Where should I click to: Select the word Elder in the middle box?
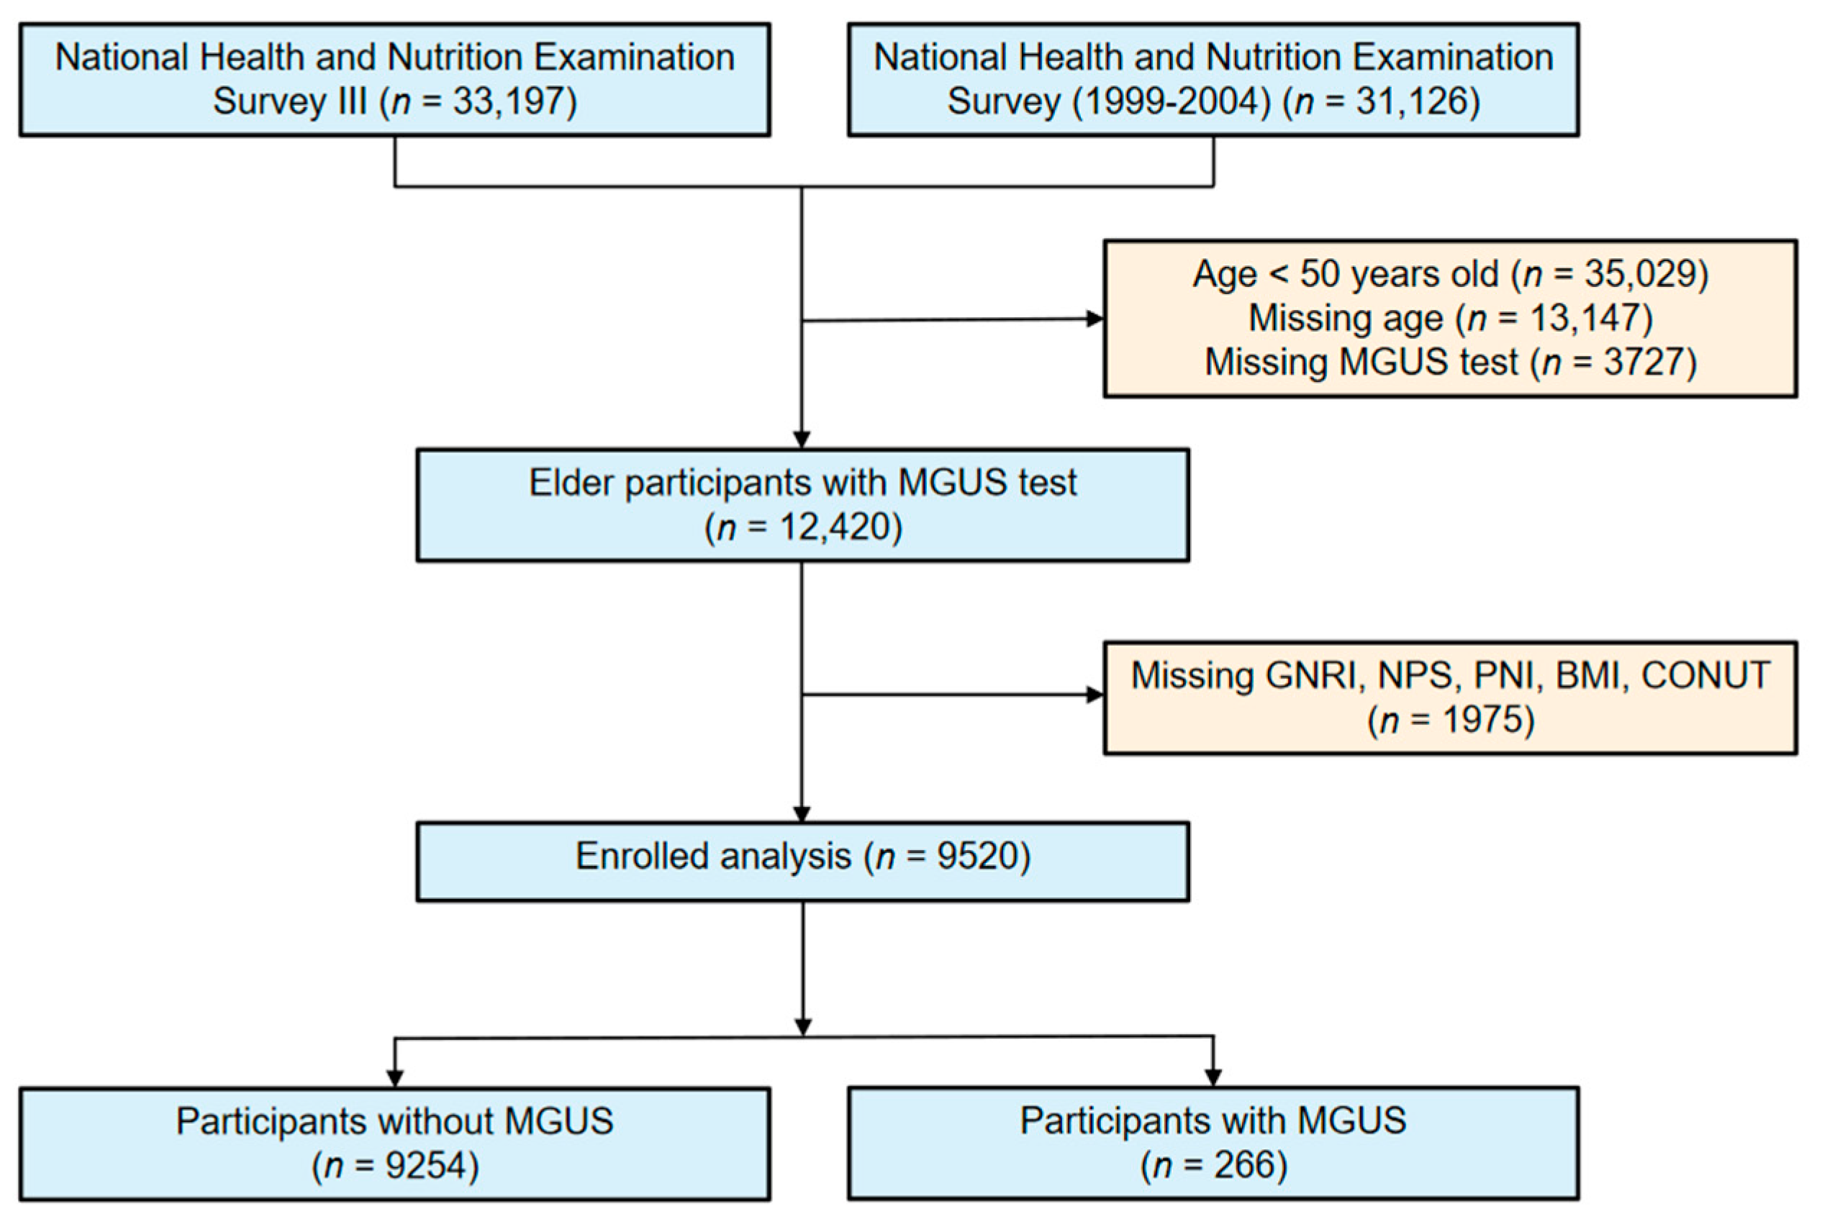tap(573, 483)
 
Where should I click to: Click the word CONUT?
tap(1705, 675)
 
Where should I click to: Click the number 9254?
tap(417, 1166)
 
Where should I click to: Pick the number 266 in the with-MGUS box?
tap(1246, 1165)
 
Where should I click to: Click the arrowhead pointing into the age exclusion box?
tap(1095, 319)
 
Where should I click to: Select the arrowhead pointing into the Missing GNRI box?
tap(1095, 694)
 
